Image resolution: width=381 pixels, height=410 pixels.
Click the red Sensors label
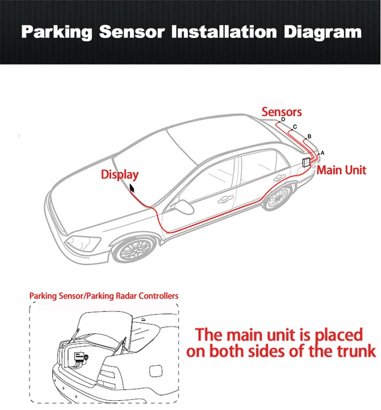click(281, 112)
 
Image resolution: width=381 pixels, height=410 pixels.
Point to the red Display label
click(119, 175)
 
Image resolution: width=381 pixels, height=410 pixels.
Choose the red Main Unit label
click(341, 170)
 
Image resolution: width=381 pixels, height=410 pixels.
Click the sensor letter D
click(283, 120)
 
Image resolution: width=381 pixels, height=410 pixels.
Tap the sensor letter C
click(295, 127)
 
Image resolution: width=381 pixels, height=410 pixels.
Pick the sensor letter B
click(309, 136)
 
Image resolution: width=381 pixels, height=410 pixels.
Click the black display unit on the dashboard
click(133, 188)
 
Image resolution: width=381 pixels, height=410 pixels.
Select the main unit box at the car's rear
click(306, 162)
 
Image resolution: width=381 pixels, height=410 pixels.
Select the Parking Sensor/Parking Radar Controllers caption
click(104, 295)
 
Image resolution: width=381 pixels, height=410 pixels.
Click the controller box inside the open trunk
click(79, 357)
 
